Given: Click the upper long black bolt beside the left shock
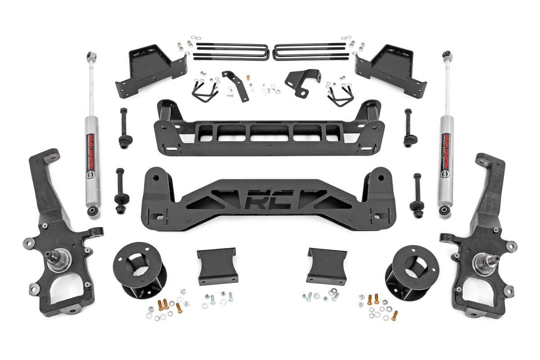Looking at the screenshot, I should tap(123, 128).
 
